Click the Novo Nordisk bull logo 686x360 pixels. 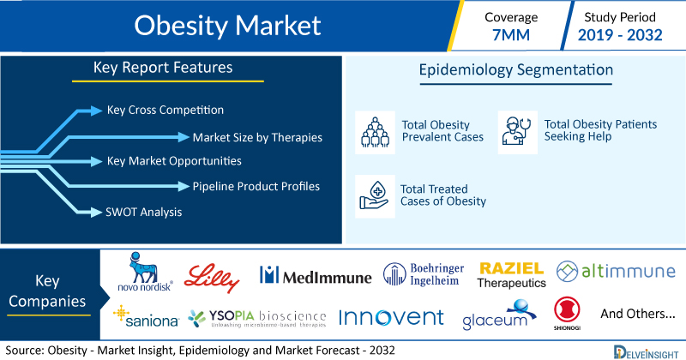[x=145, y=271]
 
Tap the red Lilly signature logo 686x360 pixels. [x=212, y=278]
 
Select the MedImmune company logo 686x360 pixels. [x=316, y=276]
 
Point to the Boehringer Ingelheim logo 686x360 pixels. [x=424, y=274]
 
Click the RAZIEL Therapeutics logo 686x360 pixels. [x=511, y=275]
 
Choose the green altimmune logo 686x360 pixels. [x=616, y=271]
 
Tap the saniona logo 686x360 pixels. [x=146, y=316]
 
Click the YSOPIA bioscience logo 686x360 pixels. [x=257, y=319]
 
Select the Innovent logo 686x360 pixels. [x=392, y=317]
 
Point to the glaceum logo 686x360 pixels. [x=500, y=315]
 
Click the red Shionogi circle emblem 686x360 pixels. [x=567, y=309]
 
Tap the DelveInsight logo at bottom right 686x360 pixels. [x=647, y=352]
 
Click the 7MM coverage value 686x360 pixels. [x=511, y=35]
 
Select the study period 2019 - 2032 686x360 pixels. [x=620, y=35]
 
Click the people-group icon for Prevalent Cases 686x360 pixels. [x=375, y=132]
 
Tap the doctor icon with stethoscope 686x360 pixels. [x=518, y=131]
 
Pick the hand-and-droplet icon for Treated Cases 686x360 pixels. [x=374, y=196]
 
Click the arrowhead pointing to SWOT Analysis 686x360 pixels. [x=96, y=213]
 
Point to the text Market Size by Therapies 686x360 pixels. [x=257, y=137]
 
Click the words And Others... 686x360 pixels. [x=638, y=314]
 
